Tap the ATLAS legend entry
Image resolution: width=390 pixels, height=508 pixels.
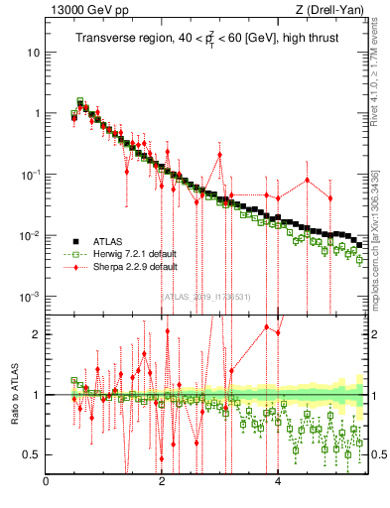108,240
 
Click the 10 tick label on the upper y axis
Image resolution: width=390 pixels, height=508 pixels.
34,52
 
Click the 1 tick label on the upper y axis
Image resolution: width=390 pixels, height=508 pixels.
38,113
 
